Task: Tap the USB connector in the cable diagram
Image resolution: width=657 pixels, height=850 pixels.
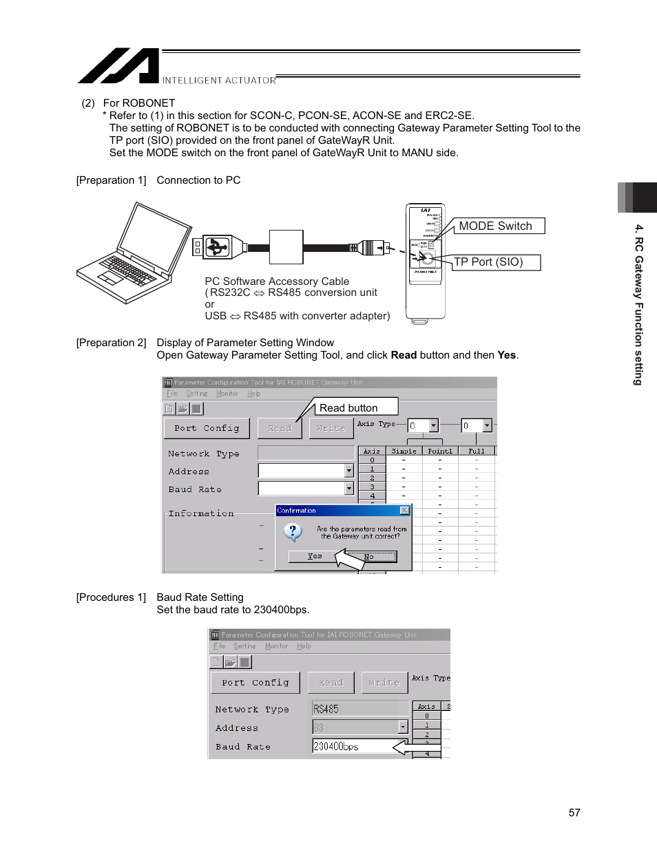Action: click(x=218, y=246)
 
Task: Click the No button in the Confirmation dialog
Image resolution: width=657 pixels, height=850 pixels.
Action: click(x=370, y=556)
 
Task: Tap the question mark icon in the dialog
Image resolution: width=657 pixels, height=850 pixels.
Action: click(x=293, y=531)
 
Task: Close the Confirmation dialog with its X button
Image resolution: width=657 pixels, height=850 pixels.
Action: click(x=404, y=511)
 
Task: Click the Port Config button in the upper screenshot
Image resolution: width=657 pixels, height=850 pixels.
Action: click(x=207, y=428)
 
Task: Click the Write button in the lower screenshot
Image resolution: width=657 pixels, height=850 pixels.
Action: click(x=384, y=683)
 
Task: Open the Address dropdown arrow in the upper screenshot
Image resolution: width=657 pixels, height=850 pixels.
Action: click(x=349, y=471)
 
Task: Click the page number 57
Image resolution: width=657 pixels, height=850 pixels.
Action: click(x=574, y=813)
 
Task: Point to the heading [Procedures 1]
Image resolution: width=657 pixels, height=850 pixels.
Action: click(x=111, y=597)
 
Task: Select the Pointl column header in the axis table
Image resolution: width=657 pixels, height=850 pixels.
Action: click(x=440, y=451)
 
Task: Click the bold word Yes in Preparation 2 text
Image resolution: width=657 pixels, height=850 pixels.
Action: click(x=506, y=355)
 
